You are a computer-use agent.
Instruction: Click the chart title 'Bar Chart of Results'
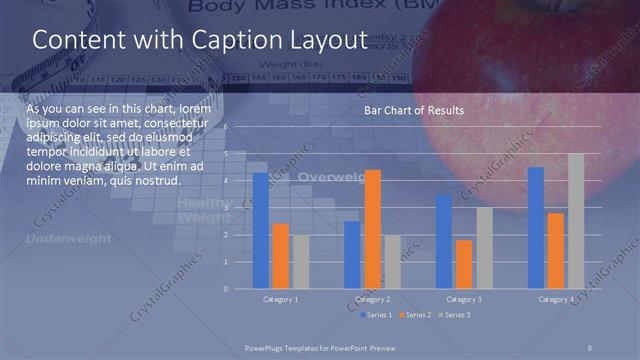coord(413,109)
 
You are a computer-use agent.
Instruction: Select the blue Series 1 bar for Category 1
coord(261,230)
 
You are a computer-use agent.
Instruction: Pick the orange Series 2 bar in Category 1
coord(280,256)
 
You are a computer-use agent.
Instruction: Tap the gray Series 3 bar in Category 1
coord(300,261)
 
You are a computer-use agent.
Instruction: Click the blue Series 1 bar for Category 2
coord(352,254)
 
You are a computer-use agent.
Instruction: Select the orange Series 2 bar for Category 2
coord(372,229)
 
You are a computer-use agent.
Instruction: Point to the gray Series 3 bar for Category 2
coord(392,261)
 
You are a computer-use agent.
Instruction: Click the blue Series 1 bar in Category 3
coord(443,241)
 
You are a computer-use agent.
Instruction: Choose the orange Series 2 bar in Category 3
coord(463,264)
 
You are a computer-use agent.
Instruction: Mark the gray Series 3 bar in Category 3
coord(483,248)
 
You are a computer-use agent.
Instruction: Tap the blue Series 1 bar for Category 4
coord(535,227)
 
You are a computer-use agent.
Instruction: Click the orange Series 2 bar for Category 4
coord(555,250)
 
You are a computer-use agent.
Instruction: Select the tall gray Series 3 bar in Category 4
coord(575,221)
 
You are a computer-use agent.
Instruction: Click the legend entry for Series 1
coord(377,315)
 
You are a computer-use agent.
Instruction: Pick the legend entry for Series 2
coord(414,315)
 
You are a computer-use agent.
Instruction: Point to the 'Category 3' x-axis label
coord(463,299)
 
